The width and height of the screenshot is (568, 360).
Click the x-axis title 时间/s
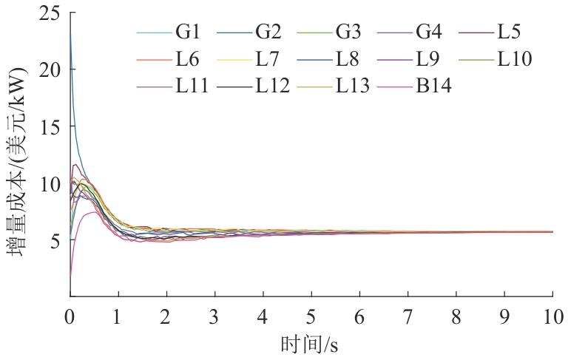click(x=311, y=344)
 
